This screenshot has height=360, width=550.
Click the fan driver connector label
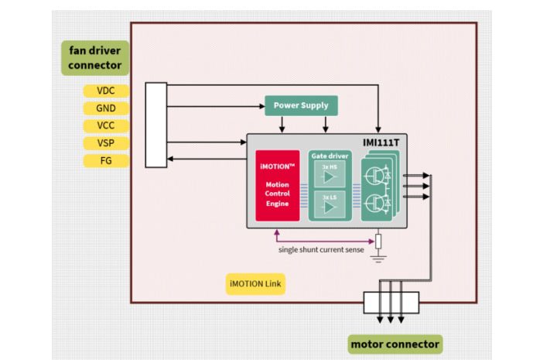click(94, 58)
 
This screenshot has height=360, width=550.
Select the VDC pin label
click(106, 91)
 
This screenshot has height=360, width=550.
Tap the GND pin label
click(106, 108)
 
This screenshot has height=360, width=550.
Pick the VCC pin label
click(106, 125)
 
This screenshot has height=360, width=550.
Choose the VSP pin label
click(106, 143)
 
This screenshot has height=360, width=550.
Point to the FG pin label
click(106, 161)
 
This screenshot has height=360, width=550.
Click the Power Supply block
click(301, 105)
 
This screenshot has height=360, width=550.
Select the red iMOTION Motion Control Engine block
click(277, 186)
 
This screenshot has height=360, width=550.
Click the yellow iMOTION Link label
click(255, 284)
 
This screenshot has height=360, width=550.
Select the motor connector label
click(395, 344)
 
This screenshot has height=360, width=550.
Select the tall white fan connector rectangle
click(155, 124)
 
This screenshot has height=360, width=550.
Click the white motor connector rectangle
click(391, 302)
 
